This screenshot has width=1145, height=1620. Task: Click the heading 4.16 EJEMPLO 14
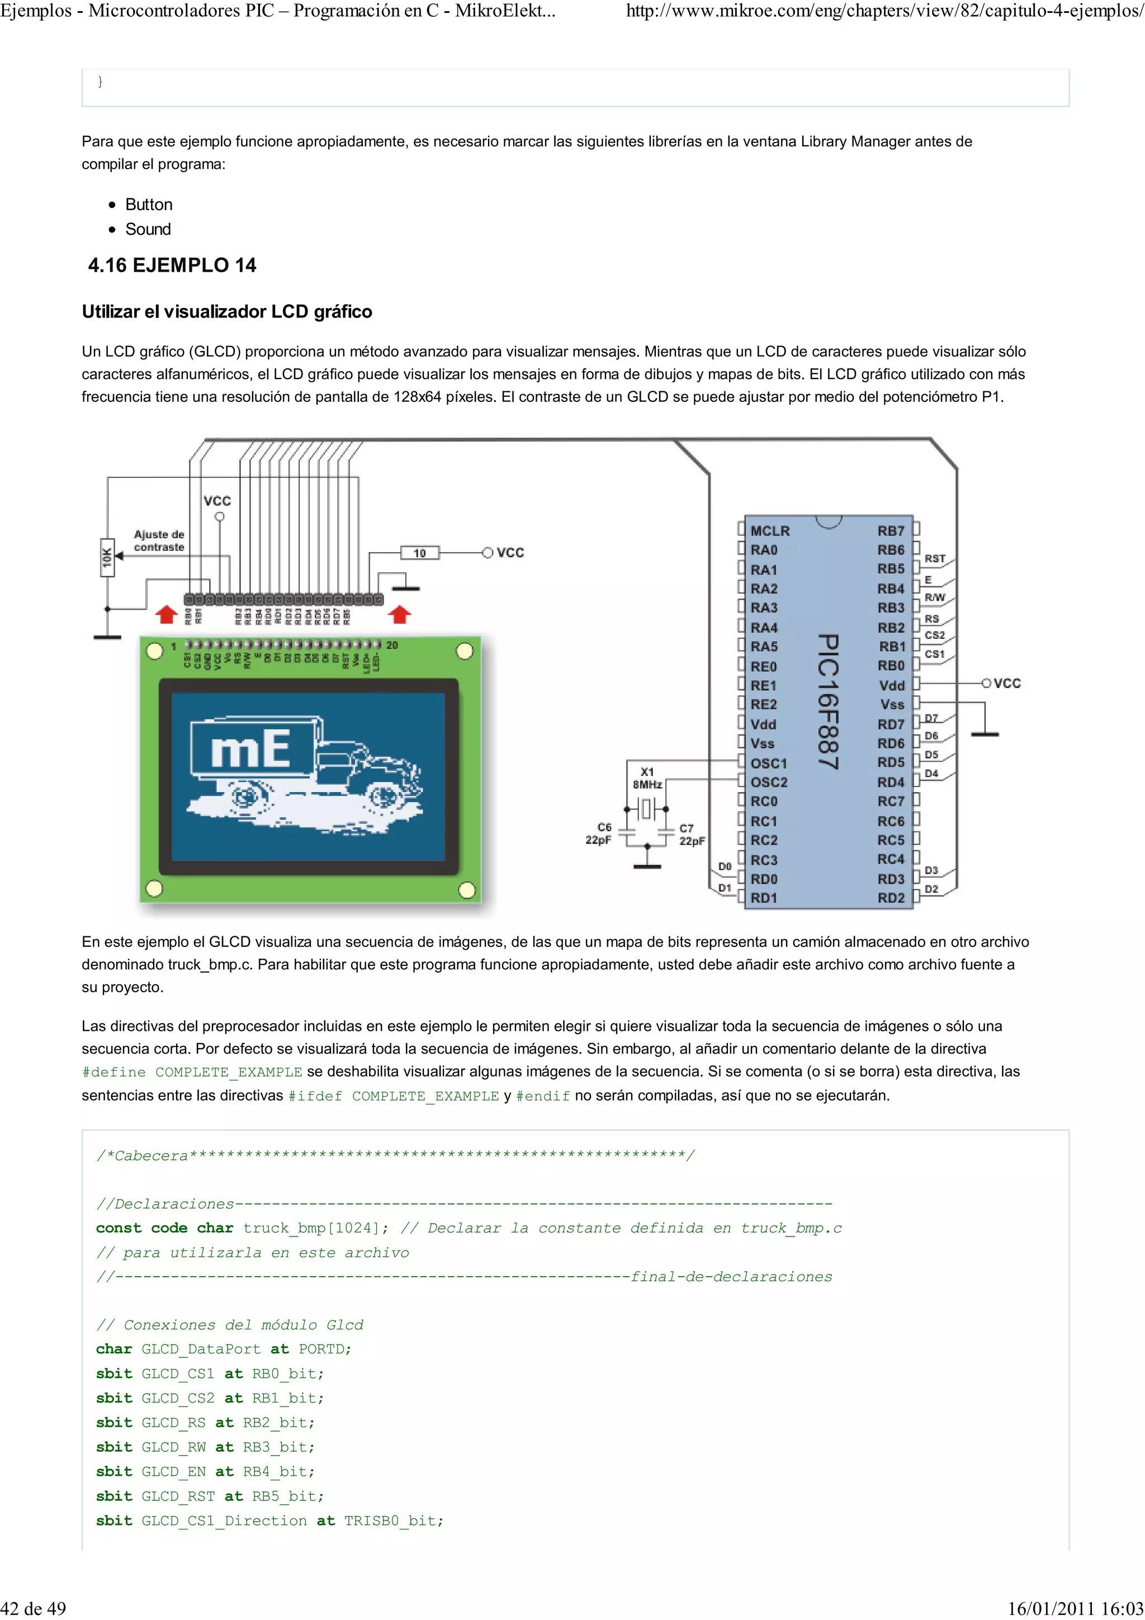pos(172,266)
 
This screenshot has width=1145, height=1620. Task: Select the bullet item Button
pos(149,205)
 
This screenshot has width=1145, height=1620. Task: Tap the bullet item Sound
pos(148,229)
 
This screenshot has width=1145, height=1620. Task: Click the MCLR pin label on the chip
pos(770,530)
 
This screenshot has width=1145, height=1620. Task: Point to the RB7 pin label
pos(890,530)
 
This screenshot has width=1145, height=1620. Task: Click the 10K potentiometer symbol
pos(107,557)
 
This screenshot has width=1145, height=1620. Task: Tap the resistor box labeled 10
pos(420,553)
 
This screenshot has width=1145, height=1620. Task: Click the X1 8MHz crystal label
pos(647,778)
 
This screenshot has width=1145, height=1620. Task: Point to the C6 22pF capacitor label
pos(598,833)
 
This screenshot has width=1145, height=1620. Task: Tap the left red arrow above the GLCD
pos(167,614)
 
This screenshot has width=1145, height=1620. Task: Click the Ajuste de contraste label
pos(159,541)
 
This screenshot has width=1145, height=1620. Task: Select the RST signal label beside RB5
pos(935,558)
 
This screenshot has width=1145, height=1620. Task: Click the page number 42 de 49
pos(34,1608)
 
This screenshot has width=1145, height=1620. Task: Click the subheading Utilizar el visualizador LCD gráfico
pos(227,312)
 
